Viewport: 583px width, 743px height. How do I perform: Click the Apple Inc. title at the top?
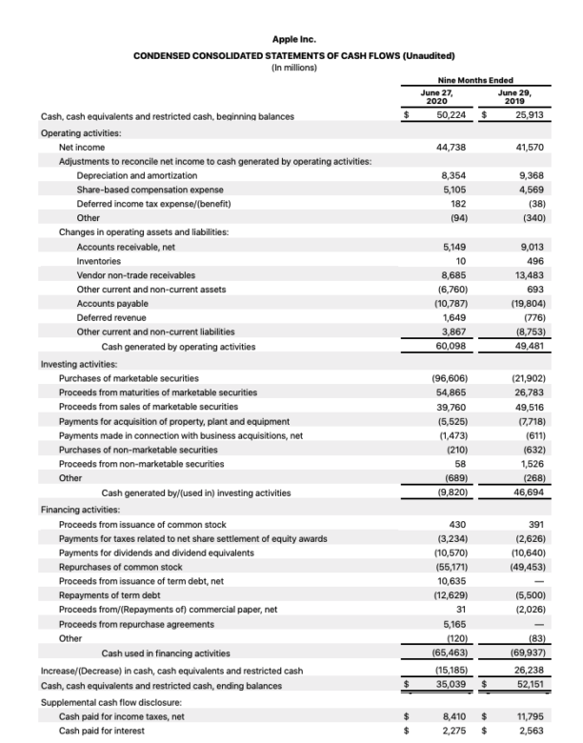(x=293, y=39)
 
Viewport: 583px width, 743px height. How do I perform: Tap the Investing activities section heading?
(x=79, y=364)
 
